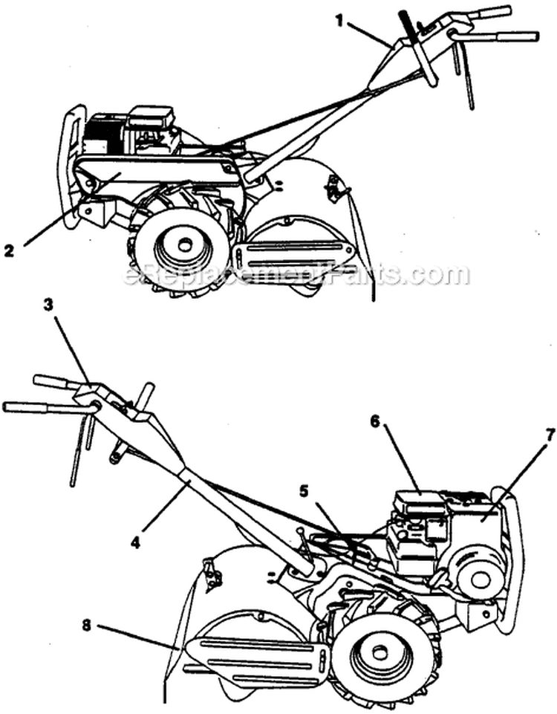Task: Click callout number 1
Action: pos(338,22)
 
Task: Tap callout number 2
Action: pos(9,250)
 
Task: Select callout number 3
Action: pos(49,305)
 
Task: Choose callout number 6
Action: pos(374,422)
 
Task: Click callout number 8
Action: pos(87,626)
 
